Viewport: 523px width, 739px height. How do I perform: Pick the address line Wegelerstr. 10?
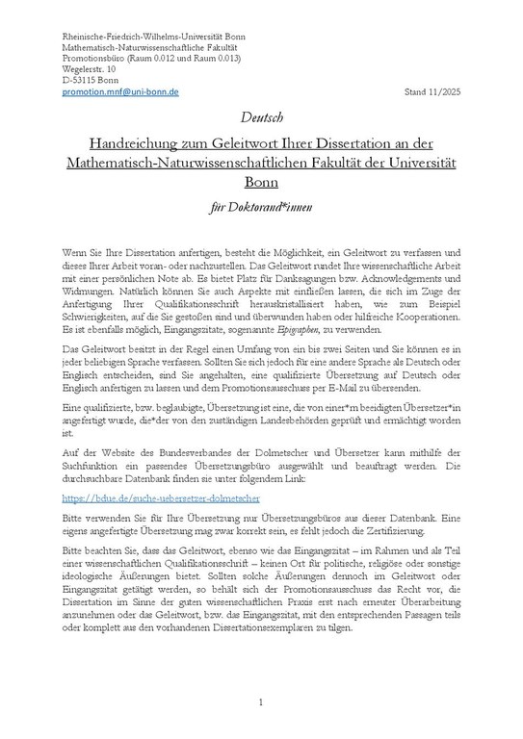(x=87, y=69)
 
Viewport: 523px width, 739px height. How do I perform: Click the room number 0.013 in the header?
(x=222, y=58)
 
